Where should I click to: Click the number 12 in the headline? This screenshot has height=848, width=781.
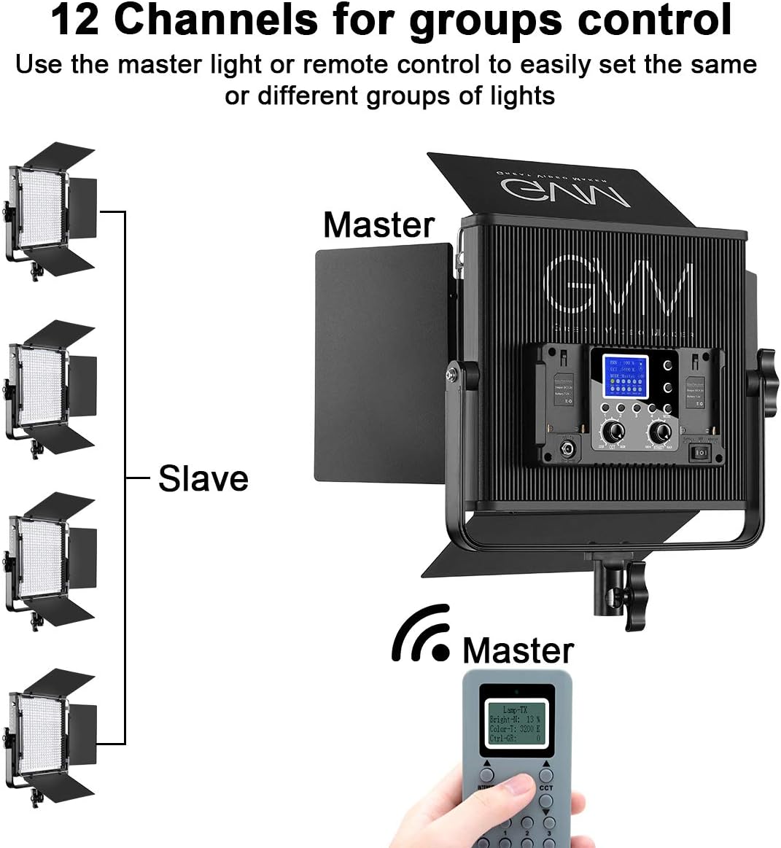(74, 20)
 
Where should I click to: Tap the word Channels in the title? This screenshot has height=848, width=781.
(216, 20)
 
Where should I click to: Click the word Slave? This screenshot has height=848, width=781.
(203, 479)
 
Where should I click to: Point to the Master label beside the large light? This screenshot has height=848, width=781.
(378, 225)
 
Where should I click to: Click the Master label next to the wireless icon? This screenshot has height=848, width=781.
(518, 650)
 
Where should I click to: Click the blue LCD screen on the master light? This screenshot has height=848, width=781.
(624, 376)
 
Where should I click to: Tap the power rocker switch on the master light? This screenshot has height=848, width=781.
(699, 453)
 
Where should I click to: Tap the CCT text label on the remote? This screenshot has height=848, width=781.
(546, 788)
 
